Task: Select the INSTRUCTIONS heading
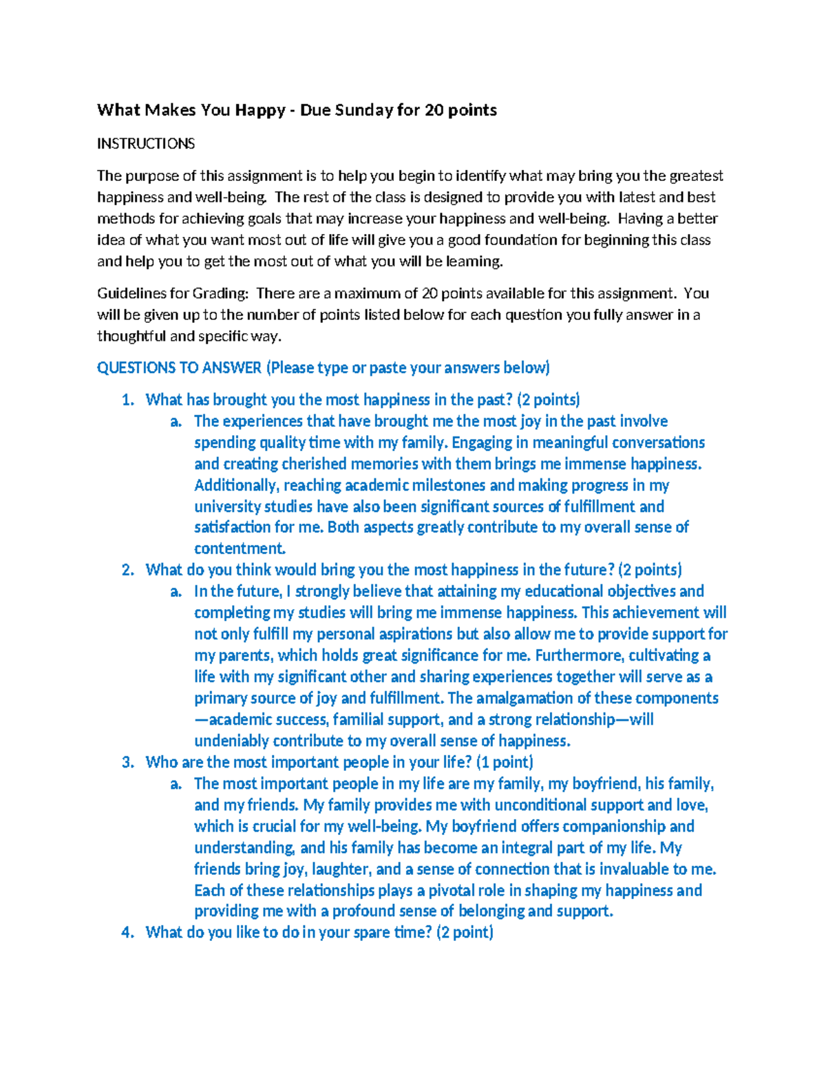pyautogui.click(x=146, y=144)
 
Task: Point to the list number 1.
pyautogui.click(x=127, y=400)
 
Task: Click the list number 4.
pyautogui.click(x=127, y=933)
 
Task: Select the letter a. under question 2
pyautogui.click(x=176, y=591)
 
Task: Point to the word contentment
pyautogui.click(x=239, y=549)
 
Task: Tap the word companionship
pyautogui.click(x=607, y=826)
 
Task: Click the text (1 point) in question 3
pyautogui.click(x=505, y=762)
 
